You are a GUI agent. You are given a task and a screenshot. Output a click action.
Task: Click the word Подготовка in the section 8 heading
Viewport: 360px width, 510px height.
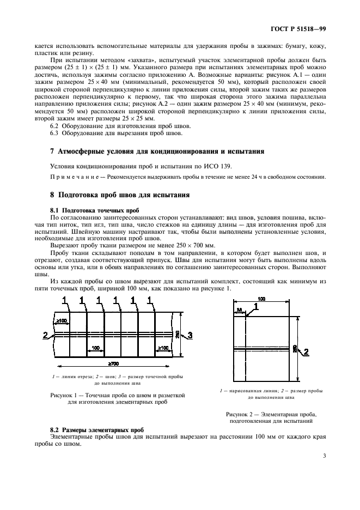pyautogui.click(x=84, y=194)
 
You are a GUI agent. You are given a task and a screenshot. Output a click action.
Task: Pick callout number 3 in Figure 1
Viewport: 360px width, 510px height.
pyautogui.click(x=190, y=335)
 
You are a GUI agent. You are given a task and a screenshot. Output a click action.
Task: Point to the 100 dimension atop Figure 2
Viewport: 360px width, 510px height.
pyautogui.click(x=262, y=299)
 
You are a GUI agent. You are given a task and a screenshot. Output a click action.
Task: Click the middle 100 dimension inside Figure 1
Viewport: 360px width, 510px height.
pyautogui.click(x=95, y=347)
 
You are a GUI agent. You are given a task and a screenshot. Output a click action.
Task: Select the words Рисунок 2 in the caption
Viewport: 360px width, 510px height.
pyautogui.click(x=241, y=415)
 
